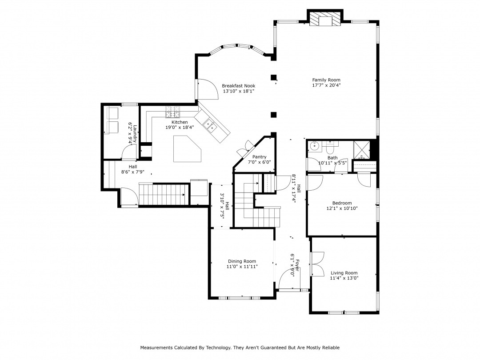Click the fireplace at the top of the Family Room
click(325, 20)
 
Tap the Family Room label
click(326, 80)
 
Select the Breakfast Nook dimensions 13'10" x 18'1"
click(239, 92)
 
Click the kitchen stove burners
click(172, 112)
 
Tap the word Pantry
click(259, 157)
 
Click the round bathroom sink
click(314, 145)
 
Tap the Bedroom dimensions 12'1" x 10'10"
click(342, 208)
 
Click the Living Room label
click(344, 273)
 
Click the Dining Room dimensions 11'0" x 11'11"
click(242, 267)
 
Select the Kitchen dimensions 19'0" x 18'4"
click(180, 128)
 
